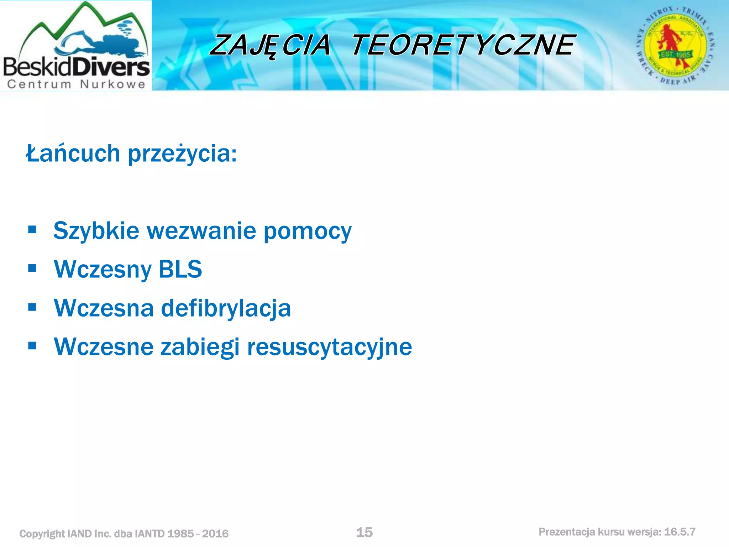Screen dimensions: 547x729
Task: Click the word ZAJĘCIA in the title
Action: [271, 45]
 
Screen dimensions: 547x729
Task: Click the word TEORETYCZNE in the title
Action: [463, 45]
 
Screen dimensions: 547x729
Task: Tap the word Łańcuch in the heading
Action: [73, 153]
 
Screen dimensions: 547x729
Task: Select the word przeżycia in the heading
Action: [182, 154]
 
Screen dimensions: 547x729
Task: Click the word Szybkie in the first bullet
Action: [96, 231]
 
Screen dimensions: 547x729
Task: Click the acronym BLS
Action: [180, 269]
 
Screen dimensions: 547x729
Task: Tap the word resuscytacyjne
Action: [329, 347]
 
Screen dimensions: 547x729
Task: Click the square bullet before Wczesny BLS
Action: [32, 268]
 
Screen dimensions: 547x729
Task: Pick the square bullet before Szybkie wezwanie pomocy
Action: [32, 229]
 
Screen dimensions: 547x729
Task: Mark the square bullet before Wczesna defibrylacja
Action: [32, 307]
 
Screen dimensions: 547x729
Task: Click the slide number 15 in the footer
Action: [364, 532]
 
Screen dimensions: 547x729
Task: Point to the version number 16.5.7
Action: [680, 532]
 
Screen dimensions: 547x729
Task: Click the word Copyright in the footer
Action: [42, 534]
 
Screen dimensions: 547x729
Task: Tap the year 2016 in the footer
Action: [215, 534]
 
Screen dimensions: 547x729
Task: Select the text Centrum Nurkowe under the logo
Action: [76, 84]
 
